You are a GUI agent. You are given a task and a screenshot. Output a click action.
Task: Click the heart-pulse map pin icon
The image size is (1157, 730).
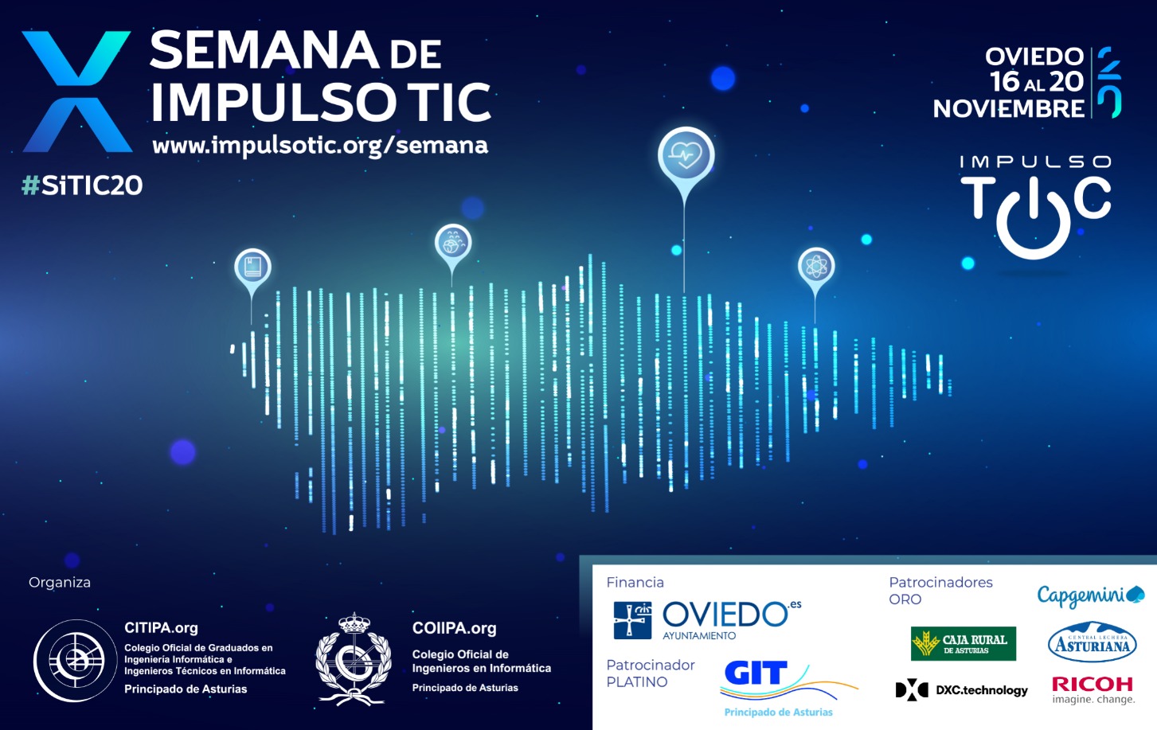[x=686, y=155]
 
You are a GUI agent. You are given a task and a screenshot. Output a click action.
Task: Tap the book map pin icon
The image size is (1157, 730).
[x=252, y=267]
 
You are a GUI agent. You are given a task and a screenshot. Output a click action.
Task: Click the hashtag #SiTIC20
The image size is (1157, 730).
[x=81, y=185]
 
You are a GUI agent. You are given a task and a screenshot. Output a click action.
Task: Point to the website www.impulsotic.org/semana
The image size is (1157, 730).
[x=320, y=146]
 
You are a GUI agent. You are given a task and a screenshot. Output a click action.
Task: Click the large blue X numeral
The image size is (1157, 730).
[x=76, y=92]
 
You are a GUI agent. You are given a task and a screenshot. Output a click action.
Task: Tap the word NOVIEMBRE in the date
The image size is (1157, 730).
[x=1008, y=108]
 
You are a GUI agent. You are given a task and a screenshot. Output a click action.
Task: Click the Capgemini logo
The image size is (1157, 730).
[x=1090, y=596]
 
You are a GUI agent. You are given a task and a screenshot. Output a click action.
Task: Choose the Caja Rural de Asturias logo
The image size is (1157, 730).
[x=964, y=643]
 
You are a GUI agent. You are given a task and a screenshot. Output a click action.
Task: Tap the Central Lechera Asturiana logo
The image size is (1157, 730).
[x=1092, y=642]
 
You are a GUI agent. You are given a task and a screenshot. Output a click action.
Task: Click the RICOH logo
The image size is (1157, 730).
[x=1093, y=690]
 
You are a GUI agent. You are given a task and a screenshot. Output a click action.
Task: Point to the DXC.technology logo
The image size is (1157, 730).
[x=961, y=689]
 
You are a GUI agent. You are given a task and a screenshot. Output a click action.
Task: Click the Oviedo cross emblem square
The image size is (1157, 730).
[x=632, y=620]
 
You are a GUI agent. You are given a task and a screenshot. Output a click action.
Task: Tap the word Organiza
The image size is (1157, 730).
[x=60, y=583]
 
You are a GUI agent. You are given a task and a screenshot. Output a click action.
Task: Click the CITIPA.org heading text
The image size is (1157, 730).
[x=161, y=628]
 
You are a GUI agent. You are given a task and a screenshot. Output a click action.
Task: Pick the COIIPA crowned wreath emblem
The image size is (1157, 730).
[x=354, y=659]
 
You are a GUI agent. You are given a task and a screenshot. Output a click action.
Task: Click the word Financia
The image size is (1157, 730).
[x=635, y=583]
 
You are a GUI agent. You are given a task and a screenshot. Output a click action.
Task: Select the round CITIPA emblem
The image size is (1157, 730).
[x=76, y=660]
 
